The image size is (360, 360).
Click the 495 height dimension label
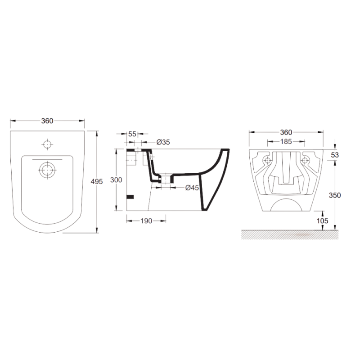tap(97, 182)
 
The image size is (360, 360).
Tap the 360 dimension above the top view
tap(47, 121)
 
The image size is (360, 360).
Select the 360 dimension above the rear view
tap(286, 132)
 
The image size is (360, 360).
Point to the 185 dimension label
tap(286, 142)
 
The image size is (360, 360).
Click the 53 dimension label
tap(335, 155)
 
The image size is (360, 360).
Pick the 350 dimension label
tap(335, 195)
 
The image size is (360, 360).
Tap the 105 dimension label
tap(322, 221)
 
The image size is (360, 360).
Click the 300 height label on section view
tap(116, 180)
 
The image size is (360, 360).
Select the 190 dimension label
tap(146, 221)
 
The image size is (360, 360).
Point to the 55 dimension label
tap(132, 134)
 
